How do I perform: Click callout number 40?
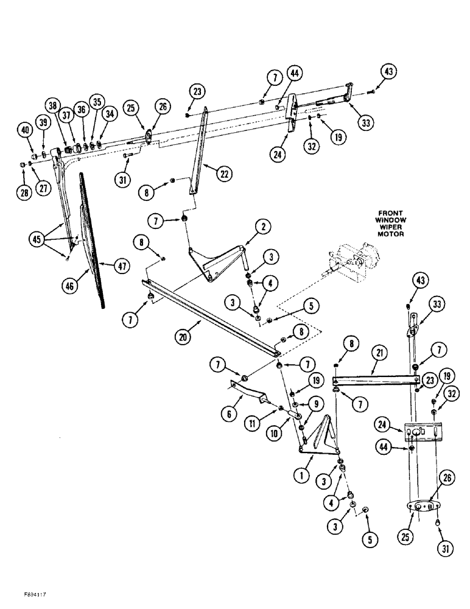point(25,130)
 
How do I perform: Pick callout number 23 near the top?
point(197,93)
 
